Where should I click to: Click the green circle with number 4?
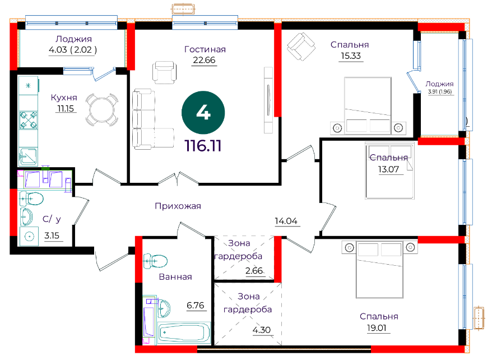[x=203, y=112]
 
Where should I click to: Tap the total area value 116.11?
[x=203, y=146]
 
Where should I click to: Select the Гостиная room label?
[x=205, y=49]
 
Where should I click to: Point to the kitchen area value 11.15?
[x=65, y=109]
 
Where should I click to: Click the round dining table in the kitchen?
[x=101, y=110]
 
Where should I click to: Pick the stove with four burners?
[x=29, y=120]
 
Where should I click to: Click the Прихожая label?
[x=178, y=206]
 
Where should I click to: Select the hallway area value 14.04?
[x=286, y=221]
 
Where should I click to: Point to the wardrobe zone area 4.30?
[x=262, y=330]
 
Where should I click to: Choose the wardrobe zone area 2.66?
[x=254, y=270]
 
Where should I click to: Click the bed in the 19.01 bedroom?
[x=379, y=270]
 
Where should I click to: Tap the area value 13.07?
[x=388, y=169]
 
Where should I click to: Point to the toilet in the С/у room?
[x=31, y=199]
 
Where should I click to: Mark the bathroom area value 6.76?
[x=195, y=305]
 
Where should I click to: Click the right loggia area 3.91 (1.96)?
[x=440, y=91]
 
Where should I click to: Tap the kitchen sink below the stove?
[x=28, y=156]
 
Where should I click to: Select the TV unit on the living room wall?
[x=268, y=100]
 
